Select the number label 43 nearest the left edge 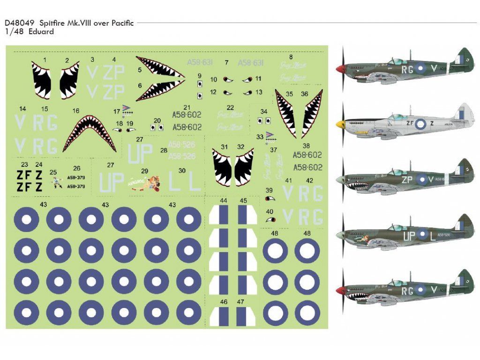[x=44, y=205]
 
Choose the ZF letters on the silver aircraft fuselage [x=409, y=124]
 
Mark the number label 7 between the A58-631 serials [x=226, y=62]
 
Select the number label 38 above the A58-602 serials [x=306, y=146]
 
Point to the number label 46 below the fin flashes [x=224, y=302]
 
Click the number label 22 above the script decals [x=230, y=107]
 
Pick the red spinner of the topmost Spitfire [x=340, y=69]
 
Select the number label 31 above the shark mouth [x=224, y=147]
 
